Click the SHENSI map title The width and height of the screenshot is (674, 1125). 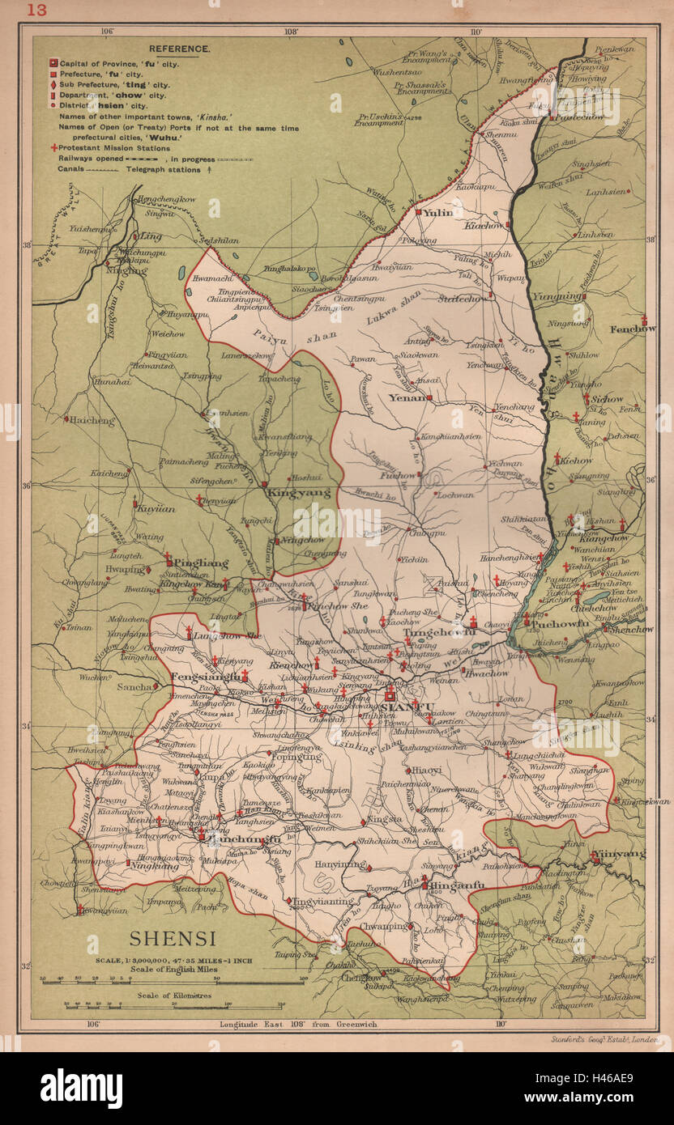pyautogui.click(x=173, y=939)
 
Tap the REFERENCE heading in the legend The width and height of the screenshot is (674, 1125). pyautogui.click(x=179, y=49)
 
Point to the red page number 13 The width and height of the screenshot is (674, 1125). pyautogui.click(x=37, y=10)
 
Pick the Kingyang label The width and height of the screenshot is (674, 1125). pyautogui.click(x=288, y=491)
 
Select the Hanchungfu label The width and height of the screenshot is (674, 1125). pyautogui.click(x=244, y=840)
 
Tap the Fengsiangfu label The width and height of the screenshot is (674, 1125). pyautogui.click(x=206, y=677)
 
